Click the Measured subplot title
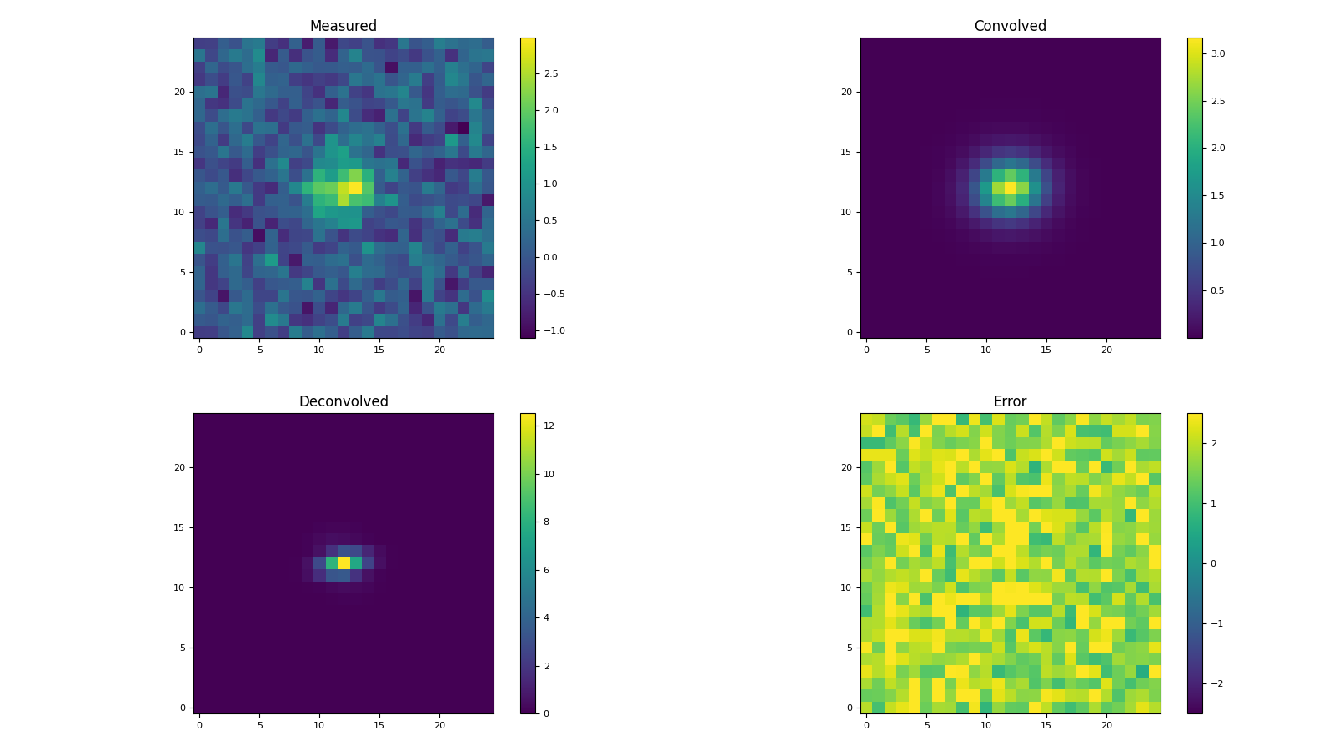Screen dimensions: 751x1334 343,26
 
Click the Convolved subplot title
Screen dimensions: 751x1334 1010,26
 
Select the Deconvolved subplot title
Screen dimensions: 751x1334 343,401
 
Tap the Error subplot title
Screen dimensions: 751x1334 1010,401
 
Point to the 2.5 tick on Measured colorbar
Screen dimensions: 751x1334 550,73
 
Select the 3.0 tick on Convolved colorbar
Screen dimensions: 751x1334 1218,53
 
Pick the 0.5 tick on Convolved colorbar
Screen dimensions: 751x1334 1218,290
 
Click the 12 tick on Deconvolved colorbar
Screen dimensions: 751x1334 549,426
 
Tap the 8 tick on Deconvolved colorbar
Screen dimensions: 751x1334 547,522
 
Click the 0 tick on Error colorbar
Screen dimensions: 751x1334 1212,563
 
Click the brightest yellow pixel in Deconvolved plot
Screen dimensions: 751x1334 344,563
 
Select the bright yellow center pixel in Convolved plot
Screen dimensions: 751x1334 1011,188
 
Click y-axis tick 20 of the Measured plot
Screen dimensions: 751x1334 179,92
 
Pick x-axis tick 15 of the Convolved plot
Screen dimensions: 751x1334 1046,350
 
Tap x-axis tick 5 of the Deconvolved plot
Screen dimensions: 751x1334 259,725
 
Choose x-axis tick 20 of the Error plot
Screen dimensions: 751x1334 1106,725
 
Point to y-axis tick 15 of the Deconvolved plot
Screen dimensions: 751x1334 179,527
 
